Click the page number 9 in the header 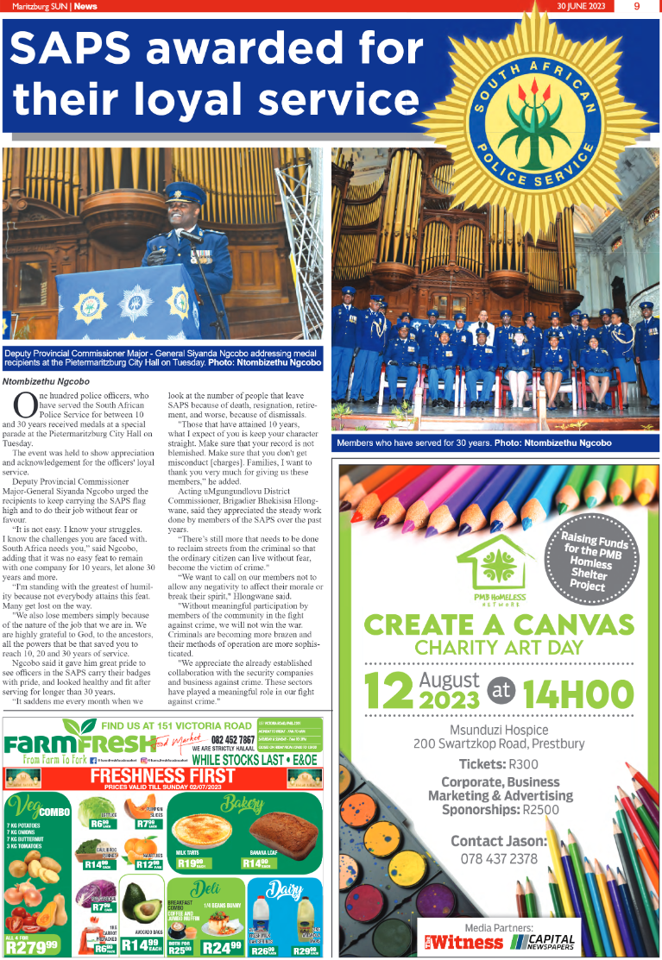pyautogui.click(x=636, y=6)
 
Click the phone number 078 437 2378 pyautogui.click(x=499, y=858)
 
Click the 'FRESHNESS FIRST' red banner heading pyautogui.click(x=163, y=775)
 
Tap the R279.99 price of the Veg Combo pyautogui.click(x=32, y=945)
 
